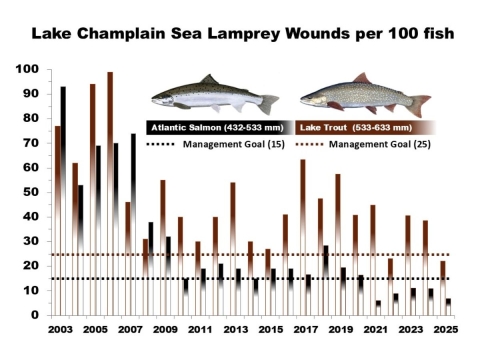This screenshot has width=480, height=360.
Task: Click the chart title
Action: tap(240, 34)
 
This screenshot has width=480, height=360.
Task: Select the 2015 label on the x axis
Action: tap(270, 329)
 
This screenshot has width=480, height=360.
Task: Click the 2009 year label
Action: tap(165, 329)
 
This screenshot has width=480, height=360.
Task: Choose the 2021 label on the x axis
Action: tap(375, 329)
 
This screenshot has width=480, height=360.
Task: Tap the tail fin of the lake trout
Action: tap(421, 103)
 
